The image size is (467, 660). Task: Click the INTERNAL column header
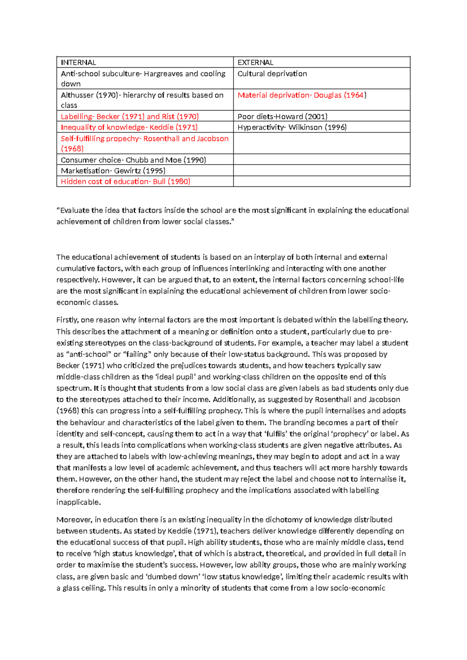[78, 63]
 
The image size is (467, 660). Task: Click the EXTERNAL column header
[255, 63]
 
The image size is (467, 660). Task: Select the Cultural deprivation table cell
[272, 74]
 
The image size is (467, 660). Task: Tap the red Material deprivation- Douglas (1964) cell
[302, 95]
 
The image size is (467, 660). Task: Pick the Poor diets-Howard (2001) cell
[283, 116]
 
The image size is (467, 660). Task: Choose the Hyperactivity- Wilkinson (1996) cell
[292, 127]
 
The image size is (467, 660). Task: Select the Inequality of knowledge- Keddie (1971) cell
[129, 127]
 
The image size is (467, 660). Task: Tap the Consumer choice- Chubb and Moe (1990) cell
[133, 160]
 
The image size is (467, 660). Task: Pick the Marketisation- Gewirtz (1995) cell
[113, 171]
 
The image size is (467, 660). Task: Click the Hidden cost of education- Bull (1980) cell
[125, 182]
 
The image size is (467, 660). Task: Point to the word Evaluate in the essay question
[74, 211]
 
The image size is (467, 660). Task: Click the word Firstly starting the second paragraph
[67, 320]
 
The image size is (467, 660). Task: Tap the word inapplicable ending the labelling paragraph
[78, 502]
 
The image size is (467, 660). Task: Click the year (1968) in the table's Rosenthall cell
[72, 149]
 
